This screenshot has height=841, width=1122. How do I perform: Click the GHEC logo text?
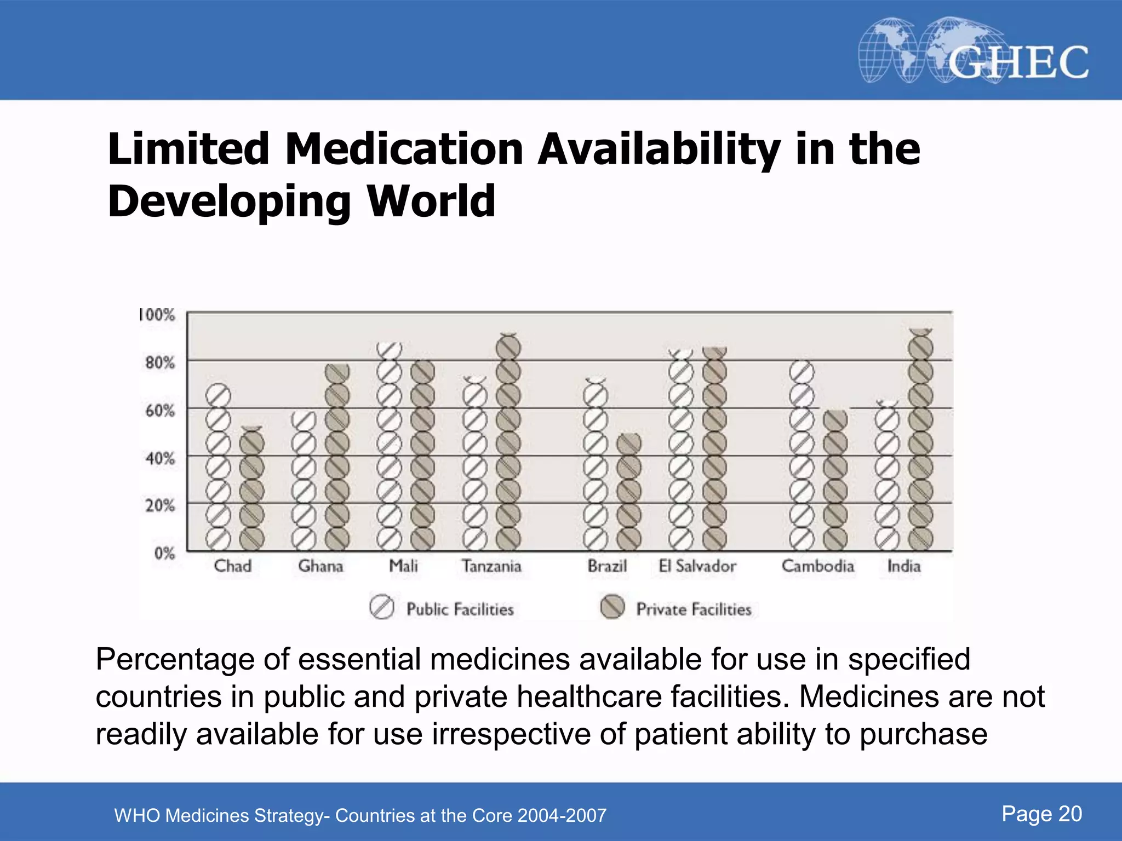1018,62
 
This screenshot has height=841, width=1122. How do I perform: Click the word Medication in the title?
404,149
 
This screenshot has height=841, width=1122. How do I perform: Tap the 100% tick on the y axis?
157,315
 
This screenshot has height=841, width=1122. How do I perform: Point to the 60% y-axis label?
160,410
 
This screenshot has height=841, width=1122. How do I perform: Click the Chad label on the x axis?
232,566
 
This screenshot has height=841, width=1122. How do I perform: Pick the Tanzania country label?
491,566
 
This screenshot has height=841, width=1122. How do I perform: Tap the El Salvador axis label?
697,566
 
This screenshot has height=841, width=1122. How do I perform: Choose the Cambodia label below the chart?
817,566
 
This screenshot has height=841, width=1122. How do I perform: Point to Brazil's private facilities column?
629,493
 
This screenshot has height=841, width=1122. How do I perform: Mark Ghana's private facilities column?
337,457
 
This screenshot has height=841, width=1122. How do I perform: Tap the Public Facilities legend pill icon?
382,608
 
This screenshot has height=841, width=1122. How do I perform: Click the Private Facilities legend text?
694,609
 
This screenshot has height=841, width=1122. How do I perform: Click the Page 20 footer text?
1041,814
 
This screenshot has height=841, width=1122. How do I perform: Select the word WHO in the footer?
137,816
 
